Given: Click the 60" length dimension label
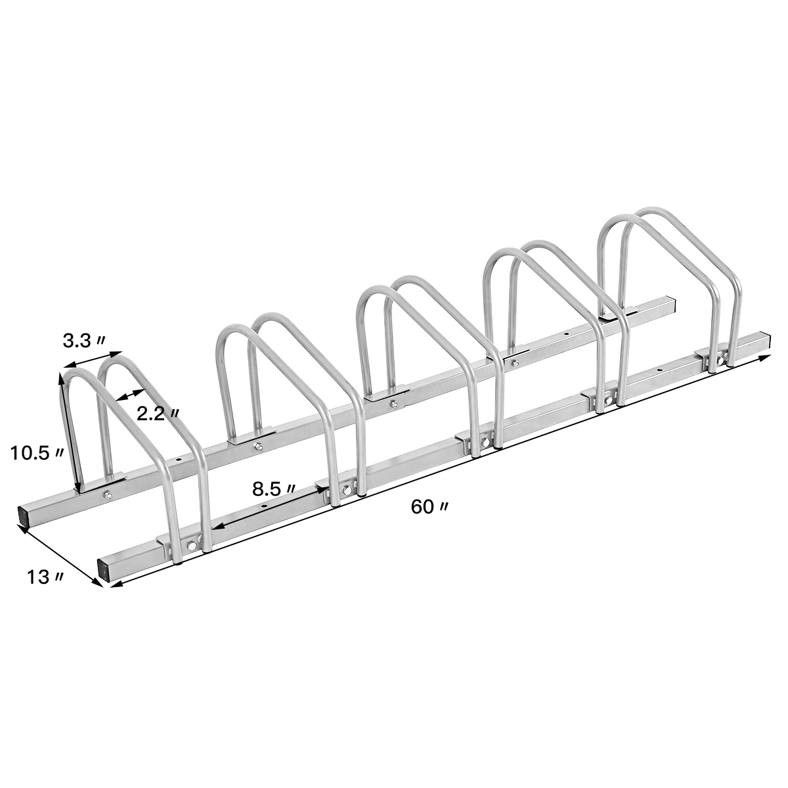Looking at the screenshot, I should tap(430, 507).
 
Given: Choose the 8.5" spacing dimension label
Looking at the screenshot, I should tap(273, 489).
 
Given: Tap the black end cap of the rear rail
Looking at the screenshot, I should tap(24, 515).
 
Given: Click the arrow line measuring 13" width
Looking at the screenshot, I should tap(59, 555).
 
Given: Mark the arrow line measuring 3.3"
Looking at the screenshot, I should tap(92, 361).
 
